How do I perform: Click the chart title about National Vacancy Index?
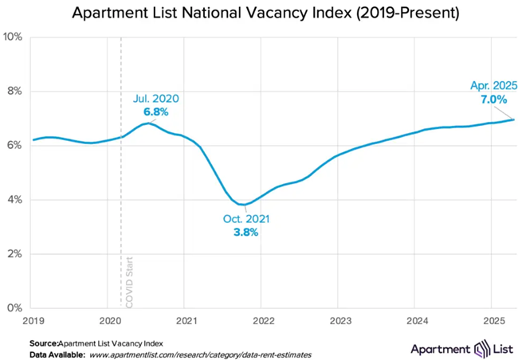259,14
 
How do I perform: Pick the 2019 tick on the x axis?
33,321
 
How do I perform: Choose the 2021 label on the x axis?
185,321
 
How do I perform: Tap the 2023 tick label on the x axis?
338,321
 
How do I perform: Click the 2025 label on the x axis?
490,321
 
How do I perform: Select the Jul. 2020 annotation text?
155,99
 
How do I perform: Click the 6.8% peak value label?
155,112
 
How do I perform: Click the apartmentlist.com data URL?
199,353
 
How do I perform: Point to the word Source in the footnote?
42,342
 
